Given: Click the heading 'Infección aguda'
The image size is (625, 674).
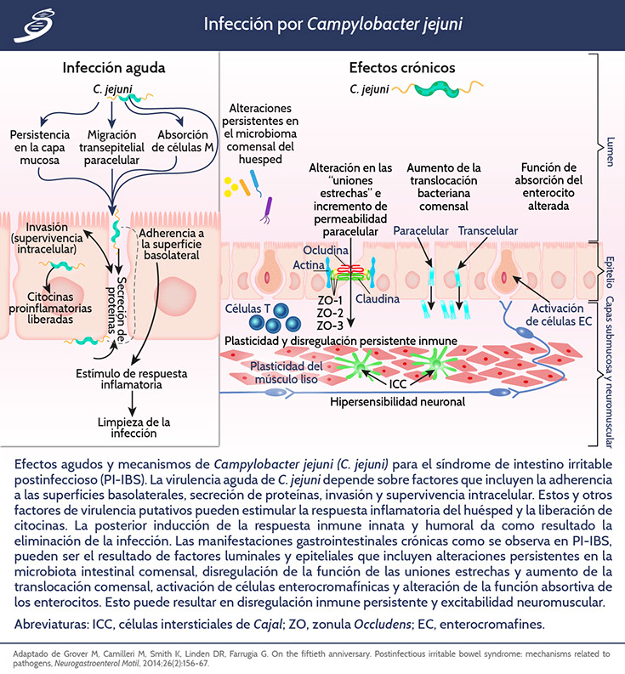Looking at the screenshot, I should (x=114, y=67).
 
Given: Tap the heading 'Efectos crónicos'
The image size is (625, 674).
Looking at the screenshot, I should (x=402, y=67).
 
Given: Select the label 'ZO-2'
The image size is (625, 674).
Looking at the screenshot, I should (x=329, y=313).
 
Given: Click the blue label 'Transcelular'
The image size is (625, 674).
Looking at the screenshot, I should (x=487, y=230).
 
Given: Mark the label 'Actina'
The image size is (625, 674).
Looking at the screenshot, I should (x=303, y=265).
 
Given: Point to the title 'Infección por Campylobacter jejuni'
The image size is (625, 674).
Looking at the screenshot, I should (x=333, y=23).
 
